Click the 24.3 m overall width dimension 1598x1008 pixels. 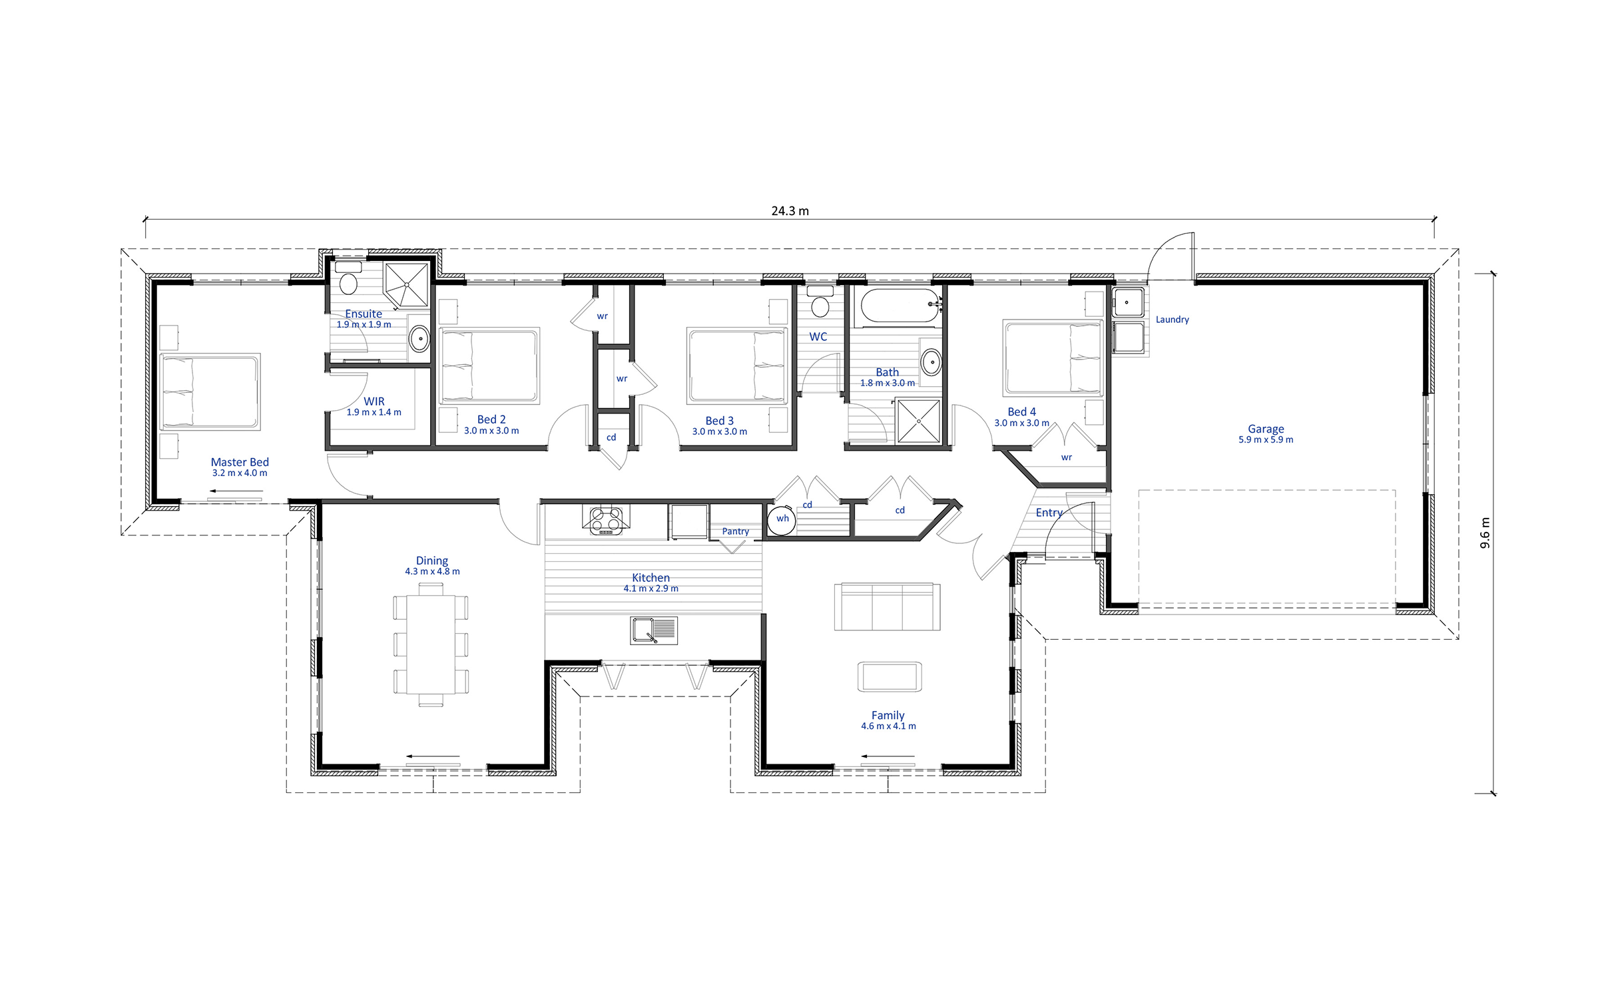(x=790, y=211)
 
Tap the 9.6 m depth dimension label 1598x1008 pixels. (x=1485, y=533)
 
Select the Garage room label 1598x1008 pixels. (x=1266, y=429)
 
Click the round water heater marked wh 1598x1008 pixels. (x=782, y=519)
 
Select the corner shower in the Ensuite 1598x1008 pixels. (x=407, y=285)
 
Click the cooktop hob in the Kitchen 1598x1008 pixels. (x=606, y=520)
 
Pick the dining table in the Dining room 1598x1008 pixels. (x=431, y=644)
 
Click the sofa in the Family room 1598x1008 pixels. (x=887, y=607)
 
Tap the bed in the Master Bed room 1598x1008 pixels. (x=210, y=391)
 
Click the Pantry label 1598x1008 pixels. (x=735, y=531)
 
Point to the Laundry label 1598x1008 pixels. (x=1172, y=320)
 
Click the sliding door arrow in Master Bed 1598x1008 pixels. (x=236, y=491)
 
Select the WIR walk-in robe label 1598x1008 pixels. (x=374, y=401)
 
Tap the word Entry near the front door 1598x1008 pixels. (x=1049, y=513)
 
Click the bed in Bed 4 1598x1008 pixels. (x=1053, y=358)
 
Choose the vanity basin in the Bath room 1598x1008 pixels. (x=931, y=363)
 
